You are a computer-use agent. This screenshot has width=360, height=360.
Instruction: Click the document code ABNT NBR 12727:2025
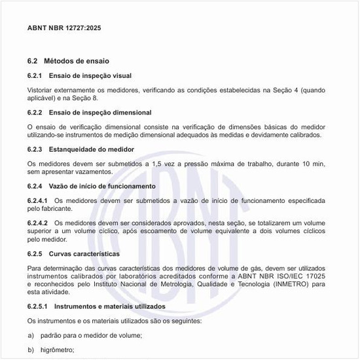pyautogui.click(x=64, y=29)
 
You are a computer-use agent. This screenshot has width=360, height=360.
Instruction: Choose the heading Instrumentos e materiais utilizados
pyautogui.click(x=109, y=306)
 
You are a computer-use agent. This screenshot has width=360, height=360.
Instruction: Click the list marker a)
pyautogui.click(x=31, y=335)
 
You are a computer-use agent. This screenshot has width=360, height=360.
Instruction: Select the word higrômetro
pyautogui.click(x=58, y=350)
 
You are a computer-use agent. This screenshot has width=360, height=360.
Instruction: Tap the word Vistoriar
pyautogui.click(x=41, y=89)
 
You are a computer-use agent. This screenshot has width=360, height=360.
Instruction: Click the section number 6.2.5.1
pyautogui.click(x=40, y=306)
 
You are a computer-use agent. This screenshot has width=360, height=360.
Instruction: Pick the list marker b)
pyautogui.click(x=31, y=350)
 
